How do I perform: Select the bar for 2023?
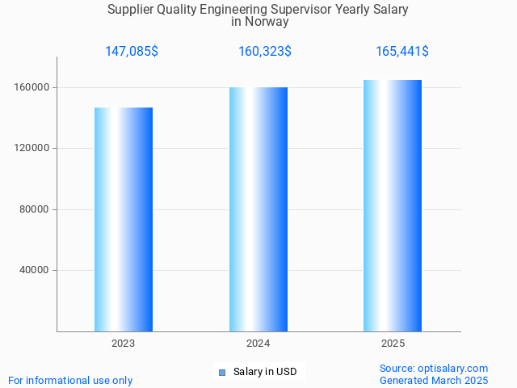pyautogui.click(x=124, y=219)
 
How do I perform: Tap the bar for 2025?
pyautogui.click(x=393, y=205)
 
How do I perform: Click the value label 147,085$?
pyautogui.click(x=132, y=52)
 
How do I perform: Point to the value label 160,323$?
pyautogui.click(x=265, y=52)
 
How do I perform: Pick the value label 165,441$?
pyautogui.click(x=402, y=52)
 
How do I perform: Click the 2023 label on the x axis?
pyautogui.click(x=124, y=344)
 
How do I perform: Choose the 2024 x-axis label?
pyautogui.click(x=258, y=344)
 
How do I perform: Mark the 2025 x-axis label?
pyautogui.click(x=393, y=344)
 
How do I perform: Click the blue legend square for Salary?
pyautogui.click(x=223, y=372)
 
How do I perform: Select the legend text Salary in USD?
pyautogui.click(x=265, y=372)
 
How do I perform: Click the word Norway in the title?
pyautogui.click(x=267, y=22)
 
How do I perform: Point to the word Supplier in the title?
pyautogui.click(x=129, y=10)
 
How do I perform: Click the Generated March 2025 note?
pyautogui.click(x=434, y=380)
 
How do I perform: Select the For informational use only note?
pyautogui.click(x=70, y=380)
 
